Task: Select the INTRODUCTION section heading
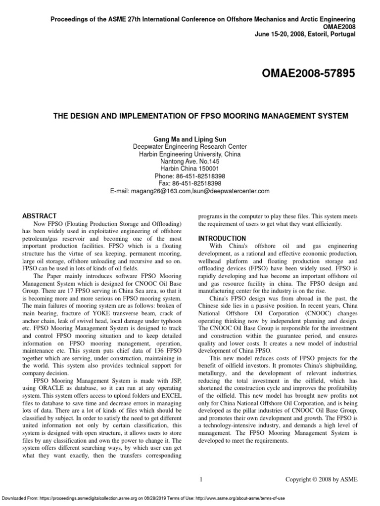(222, 238)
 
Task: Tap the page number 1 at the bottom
(201, 479)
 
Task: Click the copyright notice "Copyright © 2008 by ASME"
(321, 479)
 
